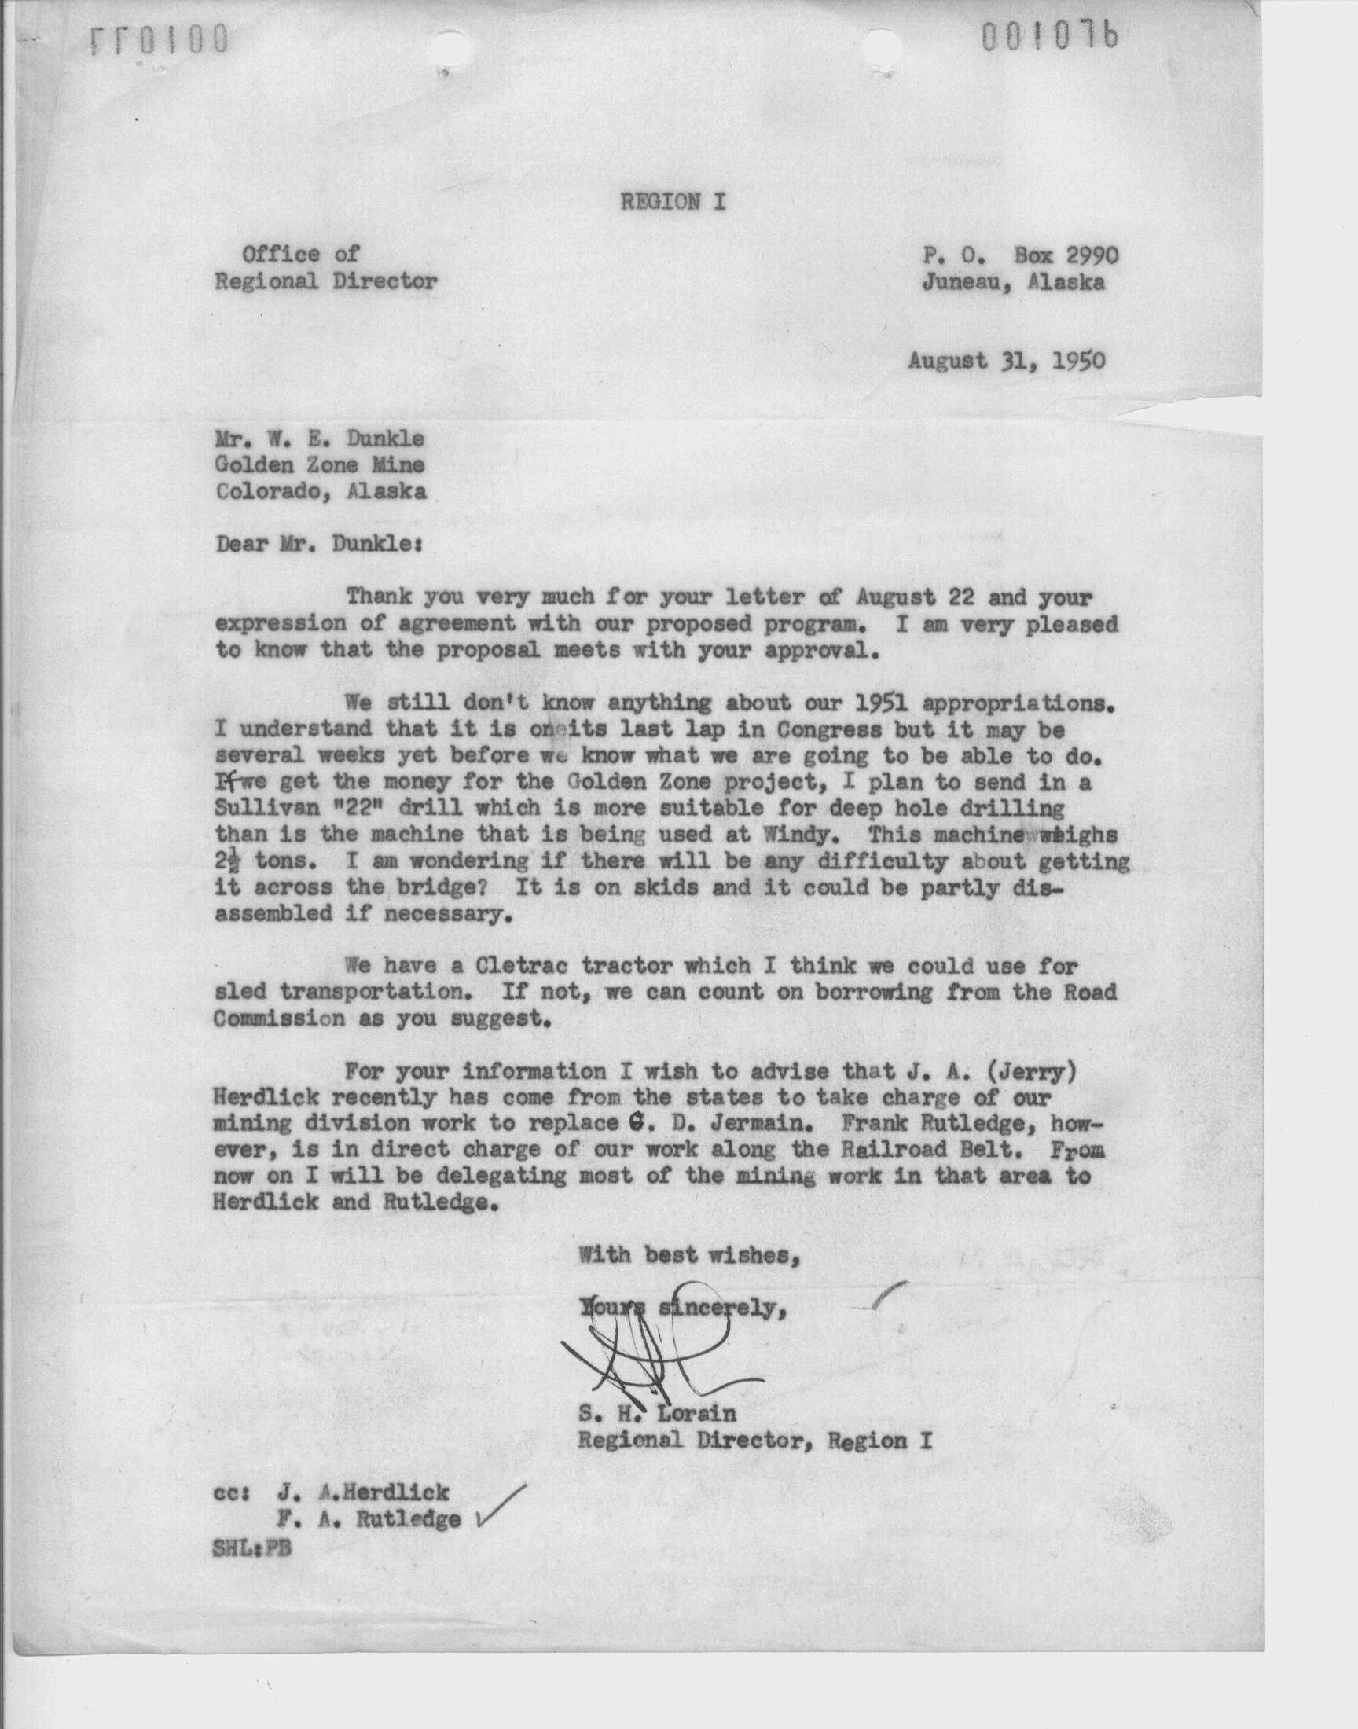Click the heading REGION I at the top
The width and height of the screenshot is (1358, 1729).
pos(673,202)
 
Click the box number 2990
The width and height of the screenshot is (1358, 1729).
pos(1085,255)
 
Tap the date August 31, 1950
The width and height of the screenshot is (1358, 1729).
pos(1007,361)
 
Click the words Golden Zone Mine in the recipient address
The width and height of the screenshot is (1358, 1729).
pos(321,465)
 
